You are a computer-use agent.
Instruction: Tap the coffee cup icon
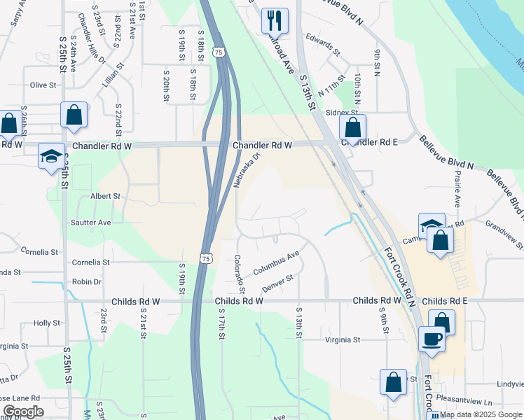(432, 339)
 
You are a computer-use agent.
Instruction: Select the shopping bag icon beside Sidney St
(352, 127)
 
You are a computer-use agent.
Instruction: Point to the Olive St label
(43, 85)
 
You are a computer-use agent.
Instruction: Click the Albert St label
(106, 197)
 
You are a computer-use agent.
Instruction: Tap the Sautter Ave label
(91, 223)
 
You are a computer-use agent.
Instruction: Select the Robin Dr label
(87, 282)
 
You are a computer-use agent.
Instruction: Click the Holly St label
(47, 323)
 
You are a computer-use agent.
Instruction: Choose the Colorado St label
(239, 274)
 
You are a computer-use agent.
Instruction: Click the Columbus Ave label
(276, 262)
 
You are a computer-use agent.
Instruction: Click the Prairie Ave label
(457, 189)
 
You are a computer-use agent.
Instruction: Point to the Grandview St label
(504, 234)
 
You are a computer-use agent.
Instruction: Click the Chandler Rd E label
(369, 142)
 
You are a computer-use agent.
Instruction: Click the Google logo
(23, 412)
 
